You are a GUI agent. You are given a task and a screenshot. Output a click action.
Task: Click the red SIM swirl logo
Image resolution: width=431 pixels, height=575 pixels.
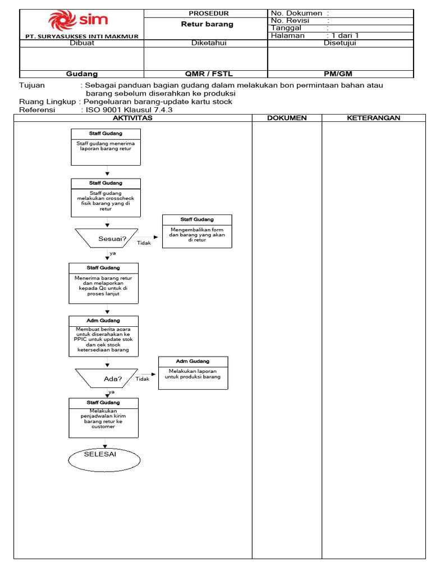62,21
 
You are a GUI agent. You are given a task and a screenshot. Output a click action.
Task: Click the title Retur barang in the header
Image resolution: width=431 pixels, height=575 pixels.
207,24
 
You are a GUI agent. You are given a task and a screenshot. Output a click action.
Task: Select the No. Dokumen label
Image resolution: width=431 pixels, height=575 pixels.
296,13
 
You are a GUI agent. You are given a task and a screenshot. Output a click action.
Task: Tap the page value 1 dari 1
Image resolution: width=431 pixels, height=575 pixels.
345,35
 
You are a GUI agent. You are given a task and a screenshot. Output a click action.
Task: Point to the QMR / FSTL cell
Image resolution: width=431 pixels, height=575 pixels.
209,74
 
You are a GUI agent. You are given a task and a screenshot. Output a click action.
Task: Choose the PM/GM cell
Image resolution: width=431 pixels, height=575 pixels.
338,74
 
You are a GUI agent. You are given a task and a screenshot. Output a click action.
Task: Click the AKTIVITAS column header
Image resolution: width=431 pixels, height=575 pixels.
132,118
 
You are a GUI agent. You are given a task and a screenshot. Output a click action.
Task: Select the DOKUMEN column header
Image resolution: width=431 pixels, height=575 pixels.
287,118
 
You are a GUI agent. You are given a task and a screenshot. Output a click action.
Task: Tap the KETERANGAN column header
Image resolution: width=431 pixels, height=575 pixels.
373,118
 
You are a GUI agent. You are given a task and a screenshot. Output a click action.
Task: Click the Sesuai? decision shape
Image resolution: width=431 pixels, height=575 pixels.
107,238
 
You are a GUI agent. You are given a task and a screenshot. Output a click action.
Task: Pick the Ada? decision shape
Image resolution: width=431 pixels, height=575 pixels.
107,378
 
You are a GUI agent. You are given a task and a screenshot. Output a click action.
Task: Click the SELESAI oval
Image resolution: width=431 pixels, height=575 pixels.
104,460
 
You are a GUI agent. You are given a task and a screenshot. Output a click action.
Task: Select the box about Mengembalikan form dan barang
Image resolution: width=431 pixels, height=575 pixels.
197,231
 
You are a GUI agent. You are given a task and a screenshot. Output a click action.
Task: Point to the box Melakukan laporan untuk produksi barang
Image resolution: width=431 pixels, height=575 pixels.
193,373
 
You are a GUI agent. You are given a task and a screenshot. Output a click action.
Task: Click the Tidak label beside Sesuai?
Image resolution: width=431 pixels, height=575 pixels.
144,243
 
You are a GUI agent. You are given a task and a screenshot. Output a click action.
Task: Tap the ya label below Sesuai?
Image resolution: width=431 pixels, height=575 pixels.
112,253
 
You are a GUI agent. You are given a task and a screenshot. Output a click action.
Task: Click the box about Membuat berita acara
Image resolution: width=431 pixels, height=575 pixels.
104,336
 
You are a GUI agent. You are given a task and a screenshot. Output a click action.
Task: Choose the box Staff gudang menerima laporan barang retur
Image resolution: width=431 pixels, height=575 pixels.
106,147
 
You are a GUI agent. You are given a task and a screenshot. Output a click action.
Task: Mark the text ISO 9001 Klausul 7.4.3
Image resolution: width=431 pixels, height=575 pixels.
129,110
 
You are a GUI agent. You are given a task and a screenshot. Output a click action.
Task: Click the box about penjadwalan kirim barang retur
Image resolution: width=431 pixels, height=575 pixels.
104,418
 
